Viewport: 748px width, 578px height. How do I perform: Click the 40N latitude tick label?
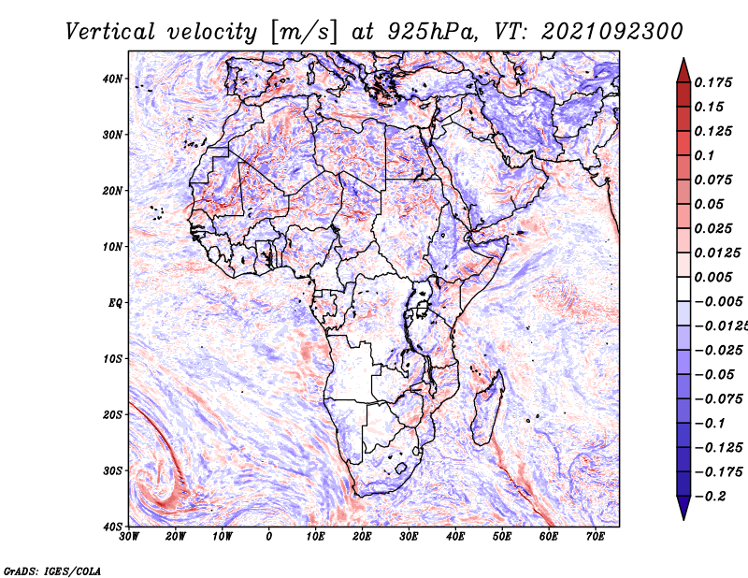click(x=112, y=79)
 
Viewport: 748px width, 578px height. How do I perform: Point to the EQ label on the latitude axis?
click(x=115, y=303)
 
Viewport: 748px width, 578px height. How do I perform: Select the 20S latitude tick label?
click(x=112, y=414)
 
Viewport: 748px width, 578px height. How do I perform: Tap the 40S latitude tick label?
click(x=112, y=527)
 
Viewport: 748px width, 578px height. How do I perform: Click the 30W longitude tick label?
click(x=129, y=537)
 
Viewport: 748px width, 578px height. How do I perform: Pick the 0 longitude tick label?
click(x=269, y=537)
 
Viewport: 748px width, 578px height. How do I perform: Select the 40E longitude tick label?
click(x=455, y=537)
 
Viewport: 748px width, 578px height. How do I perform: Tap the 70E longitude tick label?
click(x=596, y=537)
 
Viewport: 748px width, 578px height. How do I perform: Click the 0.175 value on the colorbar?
click(x=713, y=82)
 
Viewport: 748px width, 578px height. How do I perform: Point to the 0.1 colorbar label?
click(x=704, y=155)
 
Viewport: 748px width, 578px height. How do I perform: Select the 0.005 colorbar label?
click(x=713, y=277)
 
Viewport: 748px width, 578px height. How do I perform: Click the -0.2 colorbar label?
click(x=711, y=497)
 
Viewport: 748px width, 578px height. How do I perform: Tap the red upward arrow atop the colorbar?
click(x=683, y=70)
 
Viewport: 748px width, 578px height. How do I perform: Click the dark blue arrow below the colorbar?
click(x=683, y=508)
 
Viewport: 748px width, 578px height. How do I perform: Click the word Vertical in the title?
click(x=110, y=32)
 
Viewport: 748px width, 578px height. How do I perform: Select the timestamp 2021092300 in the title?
click(x=612, y=32)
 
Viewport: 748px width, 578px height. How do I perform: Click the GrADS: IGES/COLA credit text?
click(x=52, y=571)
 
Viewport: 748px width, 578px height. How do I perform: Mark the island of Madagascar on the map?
click(x=488, y=407)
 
